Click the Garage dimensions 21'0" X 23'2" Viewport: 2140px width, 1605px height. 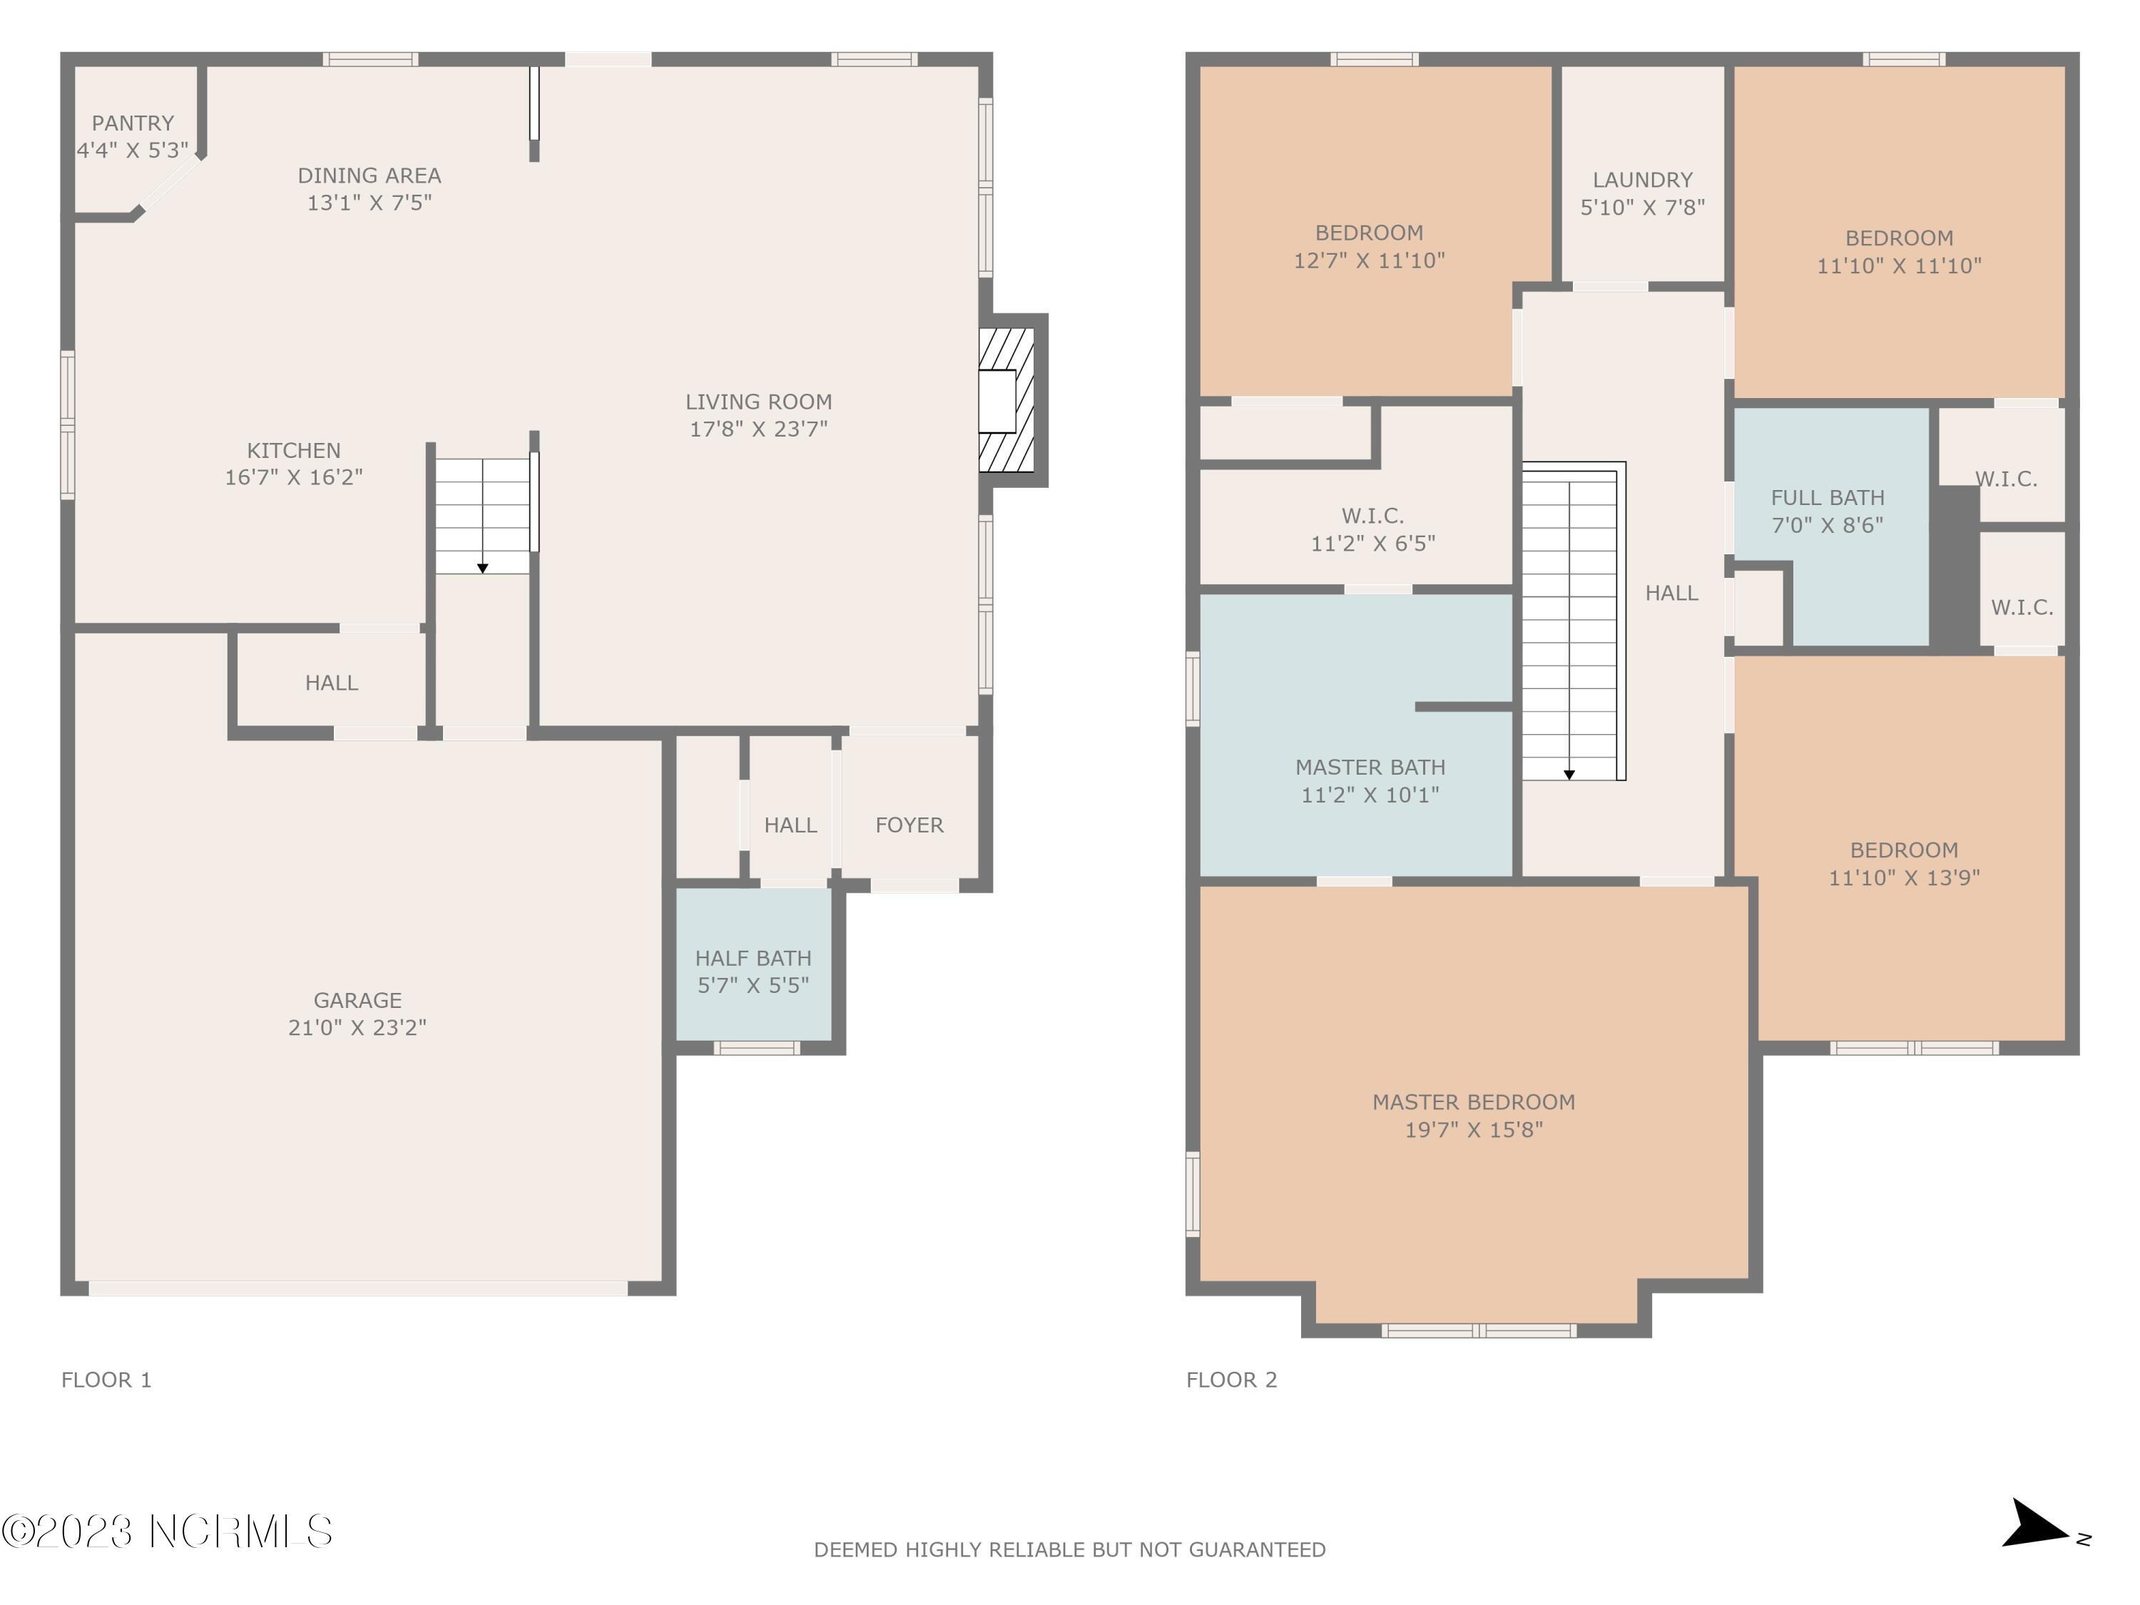357,1027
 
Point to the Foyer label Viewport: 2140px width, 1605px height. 909,825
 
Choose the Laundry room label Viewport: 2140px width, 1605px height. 1643,180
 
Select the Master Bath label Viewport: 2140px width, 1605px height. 1370,767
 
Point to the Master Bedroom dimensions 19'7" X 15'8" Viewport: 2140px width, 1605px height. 1474,1130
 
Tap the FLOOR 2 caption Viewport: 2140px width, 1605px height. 1231,1380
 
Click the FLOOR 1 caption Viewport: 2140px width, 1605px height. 106,1380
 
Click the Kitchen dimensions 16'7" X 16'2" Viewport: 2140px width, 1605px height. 294,477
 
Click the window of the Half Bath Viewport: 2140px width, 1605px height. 757,1048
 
